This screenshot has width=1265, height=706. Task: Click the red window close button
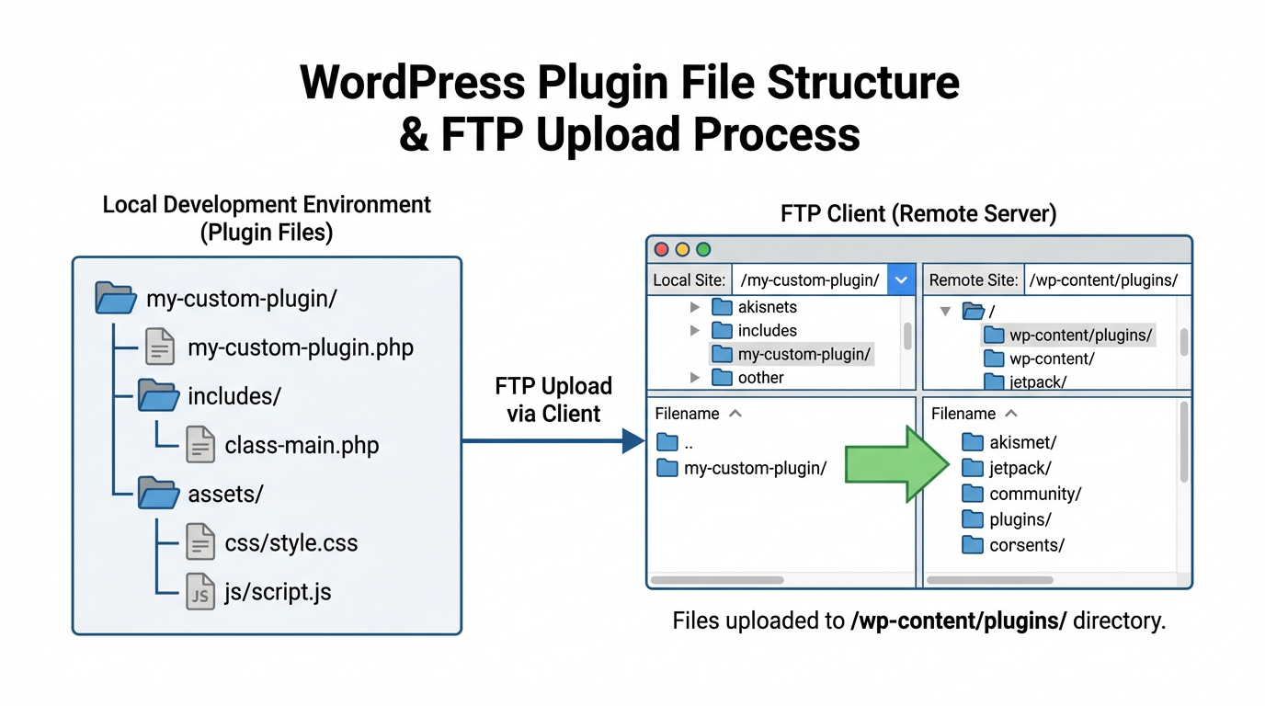click(661, 249)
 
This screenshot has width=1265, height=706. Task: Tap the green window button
click(703, 249)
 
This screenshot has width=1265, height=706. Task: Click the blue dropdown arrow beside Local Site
click(902, 280)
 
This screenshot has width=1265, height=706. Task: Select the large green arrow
click(896, 464)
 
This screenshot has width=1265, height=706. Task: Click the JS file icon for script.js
click(199, 591)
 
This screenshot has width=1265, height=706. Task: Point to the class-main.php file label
click(302, 446)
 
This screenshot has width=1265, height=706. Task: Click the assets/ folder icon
click(158, 495)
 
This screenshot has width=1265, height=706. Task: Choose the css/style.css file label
click(291, 542)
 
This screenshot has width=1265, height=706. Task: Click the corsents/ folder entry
click(1026, 545)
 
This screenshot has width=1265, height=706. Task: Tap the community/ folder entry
click(1034, 494)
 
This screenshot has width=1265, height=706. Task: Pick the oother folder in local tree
click(760, 378)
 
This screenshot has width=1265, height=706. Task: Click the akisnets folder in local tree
click(767, 307)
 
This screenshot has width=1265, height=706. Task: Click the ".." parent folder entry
click(688, 443)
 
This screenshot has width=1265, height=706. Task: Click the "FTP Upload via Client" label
click(553, 400)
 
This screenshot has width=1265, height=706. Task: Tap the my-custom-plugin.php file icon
click(159, 347)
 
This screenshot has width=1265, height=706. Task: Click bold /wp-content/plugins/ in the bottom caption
click(958, 621)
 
